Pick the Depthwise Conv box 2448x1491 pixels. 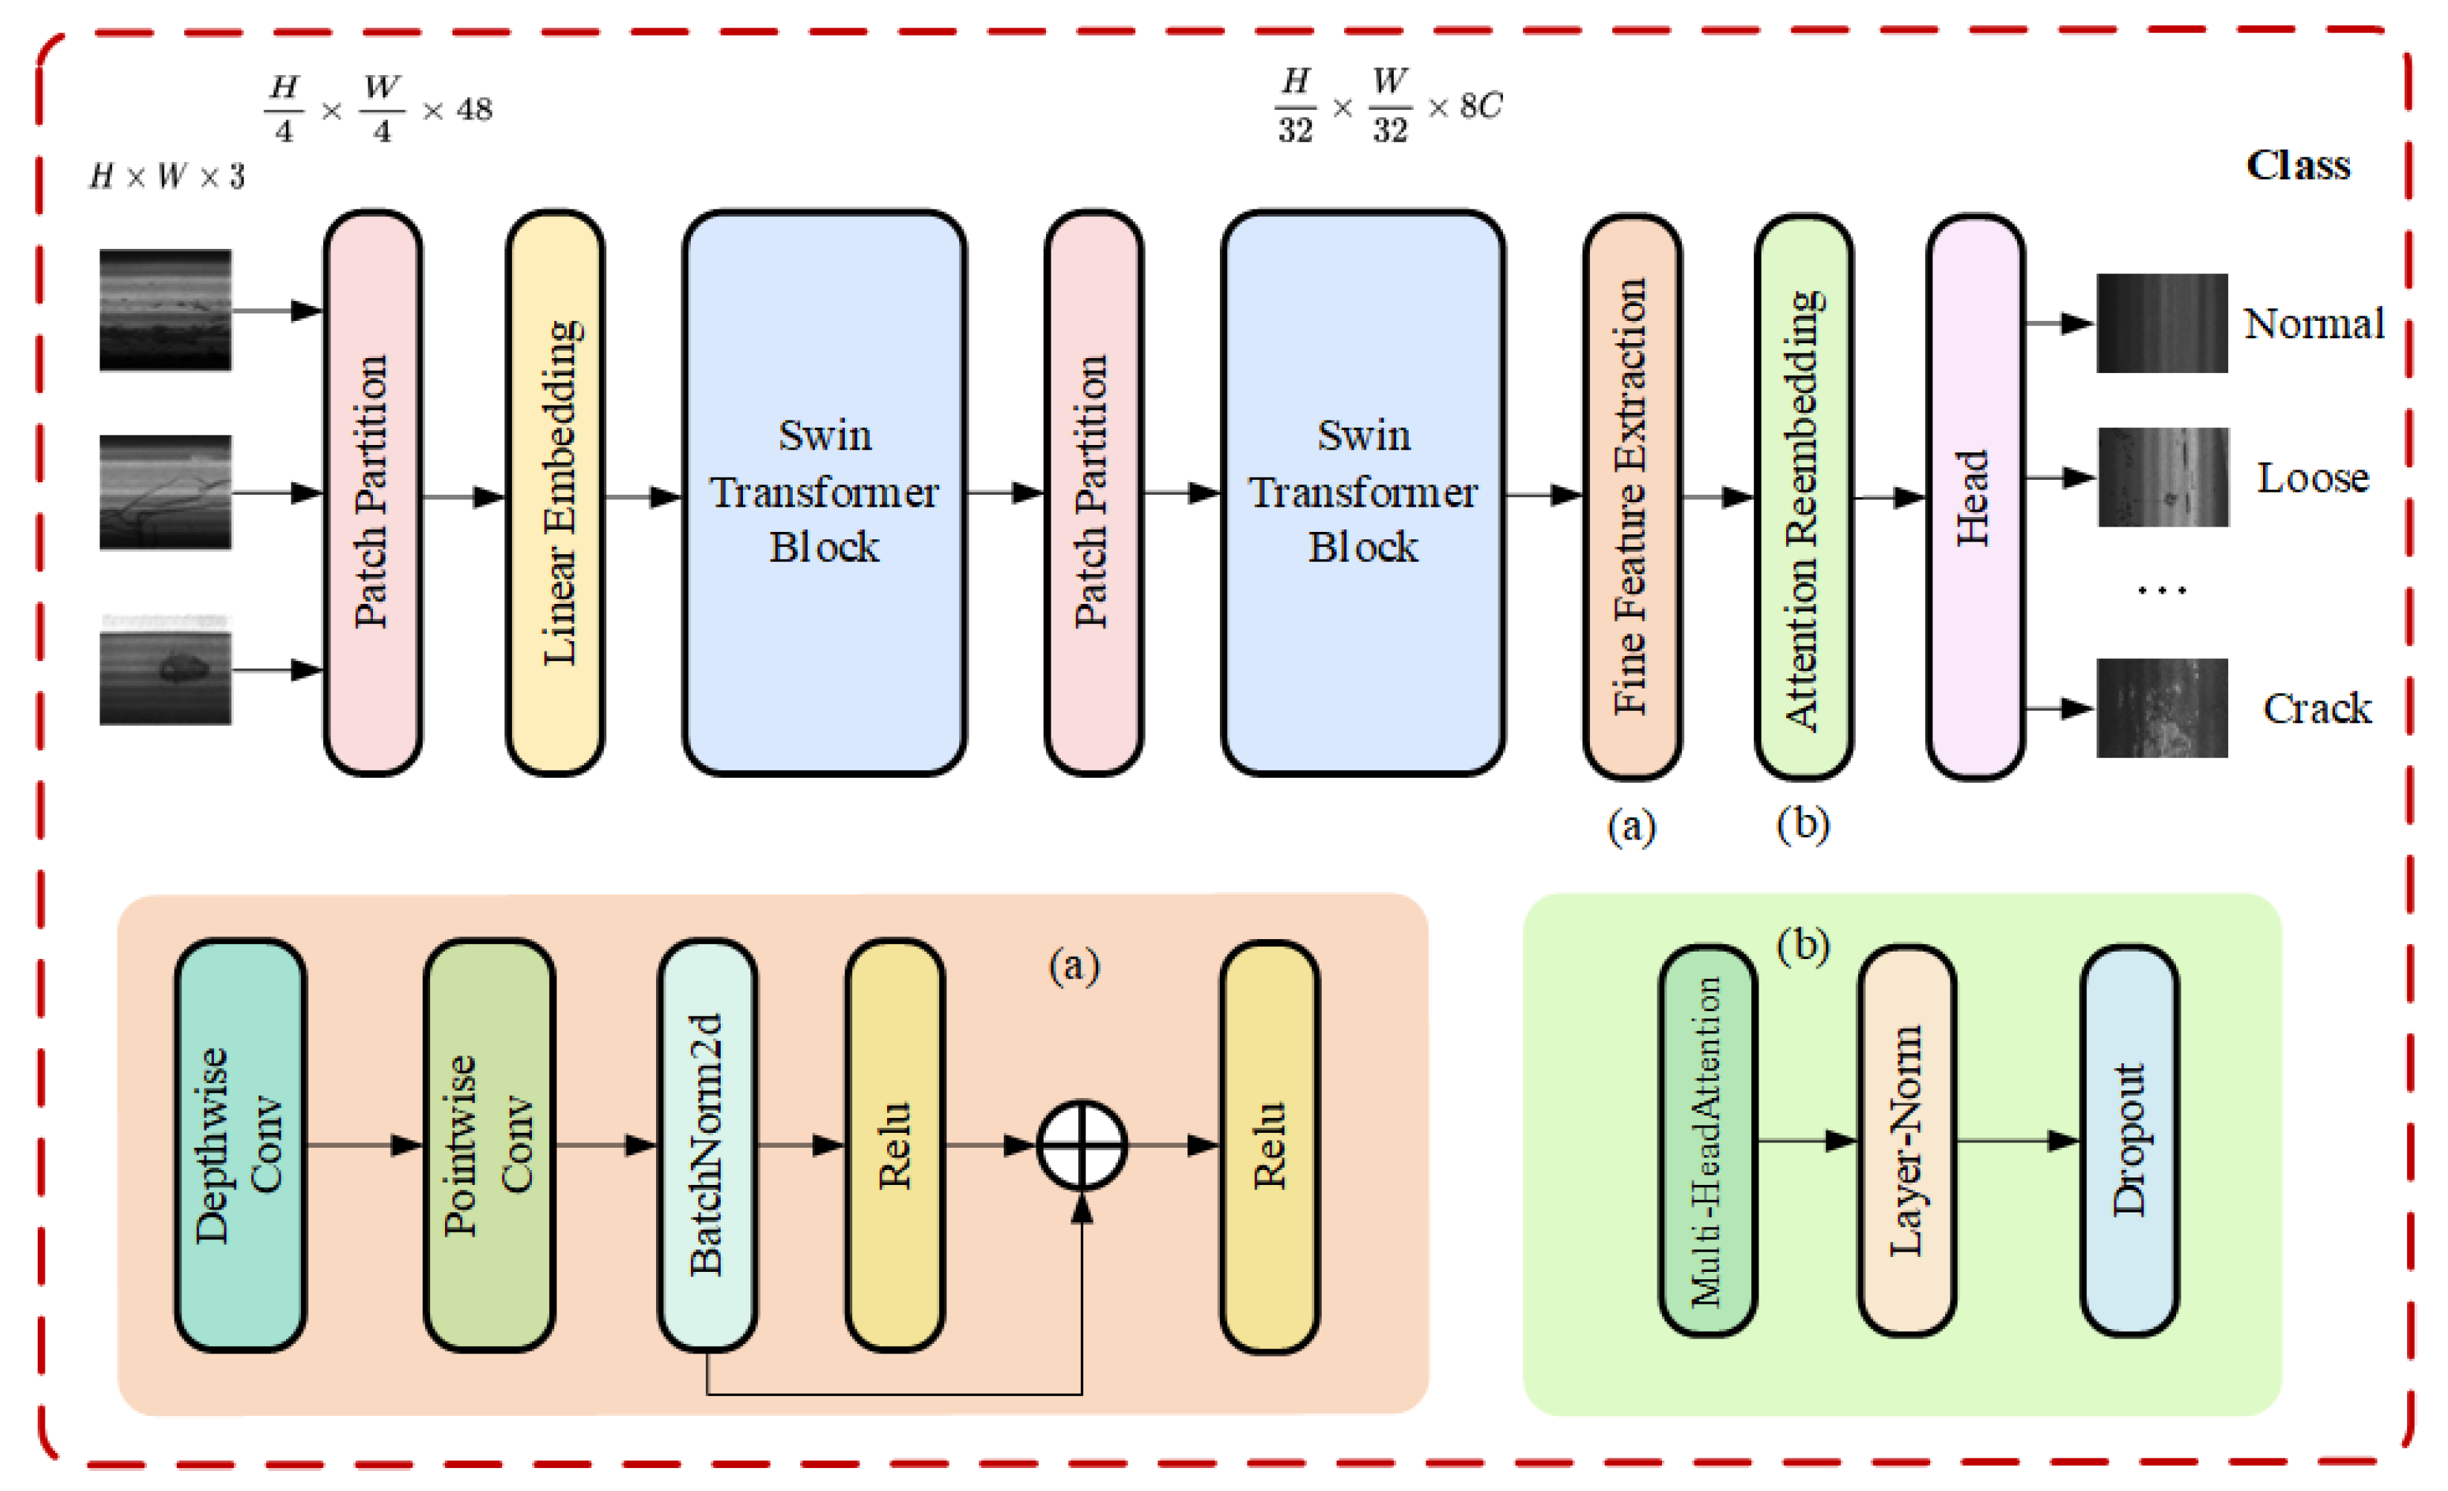pyautogui.click(x=241, y=1146)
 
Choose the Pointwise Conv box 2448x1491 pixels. pyautogui.click(x=489, y=1146)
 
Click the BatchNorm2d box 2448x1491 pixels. pyautogui.click(x=707, y=1146)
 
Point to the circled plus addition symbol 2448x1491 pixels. pyautogui.click(x=1082, y=1146)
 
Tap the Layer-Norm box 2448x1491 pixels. pyautogui.click(x=1906, y=1141)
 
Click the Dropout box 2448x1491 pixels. pyautogui.click(x=2129, y=1141)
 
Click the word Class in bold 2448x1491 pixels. pyautogui.click(x=2298, y=165)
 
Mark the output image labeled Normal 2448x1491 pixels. pyautogui.click(x=2162, y=323)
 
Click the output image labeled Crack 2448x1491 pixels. pyautogui.click(x=2162, y=707)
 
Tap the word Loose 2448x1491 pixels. pyautogui.click(x=2313, y=478)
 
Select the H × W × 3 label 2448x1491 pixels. pyautogui.click(x=167, y=177)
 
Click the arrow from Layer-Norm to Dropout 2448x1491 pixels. pyautogui.click(x=2017, y=1141)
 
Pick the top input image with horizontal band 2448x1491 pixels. pyautogui.click(x=165, y=310)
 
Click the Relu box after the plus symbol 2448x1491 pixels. pyautogui.click(x=1270, y=1146)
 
